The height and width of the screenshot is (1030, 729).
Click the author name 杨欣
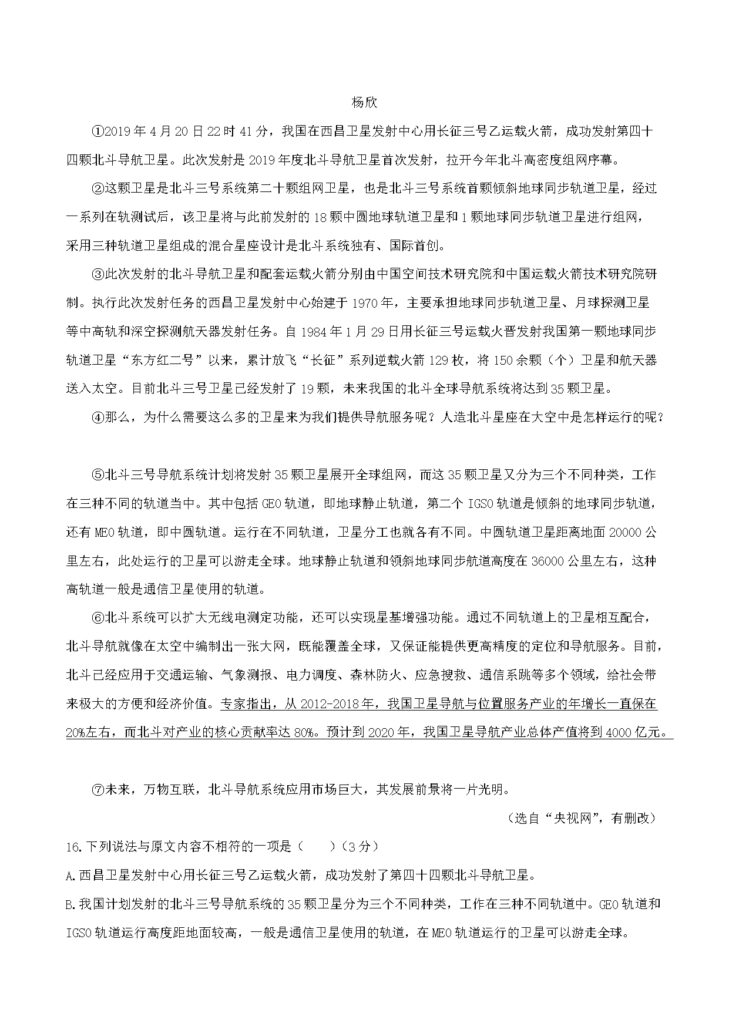tap(364, 102)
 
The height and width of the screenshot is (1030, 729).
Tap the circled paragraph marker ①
tap(98, 131)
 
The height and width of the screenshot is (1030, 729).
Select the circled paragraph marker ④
tap(98, 418)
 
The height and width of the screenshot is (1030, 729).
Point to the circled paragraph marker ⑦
tap(98, 789)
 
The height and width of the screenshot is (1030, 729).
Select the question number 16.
tap(74, 847)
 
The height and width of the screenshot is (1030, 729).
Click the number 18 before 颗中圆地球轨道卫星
tap(320, 217)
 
